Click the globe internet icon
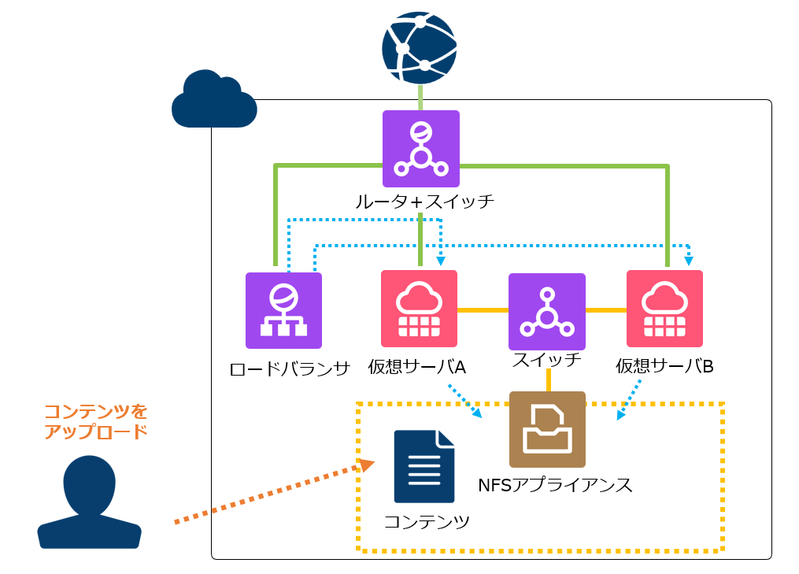420,47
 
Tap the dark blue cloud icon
214,101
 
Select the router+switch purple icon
421,149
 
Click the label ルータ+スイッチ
425,202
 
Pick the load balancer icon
283,310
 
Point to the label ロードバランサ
290,368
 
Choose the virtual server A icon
419,309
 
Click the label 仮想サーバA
417,367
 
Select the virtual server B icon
664,309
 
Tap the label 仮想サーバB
664,367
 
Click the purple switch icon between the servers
547,312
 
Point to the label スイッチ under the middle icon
547,360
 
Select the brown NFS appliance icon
547,429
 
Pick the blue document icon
424,466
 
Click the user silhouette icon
89,502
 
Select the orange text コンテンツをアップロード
95,421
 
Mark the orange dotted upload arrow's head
367,465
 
